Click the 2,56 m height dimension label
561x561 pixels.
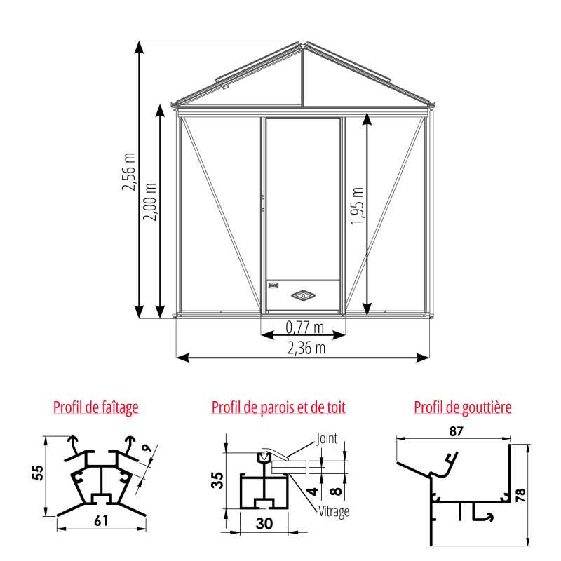[129, 172]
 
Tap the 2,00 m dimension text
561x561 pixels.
[150, 202]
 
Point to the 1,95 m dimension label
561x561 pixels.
[357, 206]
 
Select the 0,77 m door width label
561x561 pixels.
[305, 327]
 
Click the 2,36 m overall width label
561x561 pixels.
[306, 348]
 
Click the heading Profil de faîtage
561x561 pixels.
[96, 407]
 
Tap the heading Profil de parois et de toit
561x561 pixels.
[278, 407]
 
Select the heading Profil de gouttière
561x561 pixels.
[463, 407]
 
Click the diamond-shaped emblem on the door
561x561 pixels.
[303, 295]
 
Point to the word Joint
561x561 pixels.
[327, 438]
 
